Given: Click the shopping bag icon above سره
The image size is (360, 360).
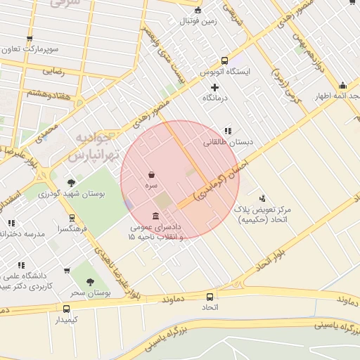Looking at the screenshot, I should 152,174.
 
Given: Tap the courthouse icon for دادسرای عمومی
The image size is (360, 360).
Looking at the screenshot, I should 155,215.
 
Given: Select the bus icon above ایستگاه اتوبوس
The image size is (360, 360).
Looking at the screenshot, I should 224,60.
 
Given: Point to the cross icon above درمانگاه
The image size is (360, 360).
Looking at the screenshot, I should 215,86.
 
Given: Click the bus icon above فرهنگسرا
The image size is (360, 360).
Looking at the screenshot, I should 72,218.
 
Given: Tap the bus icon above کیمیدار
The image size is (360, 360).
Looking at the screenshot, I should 67,309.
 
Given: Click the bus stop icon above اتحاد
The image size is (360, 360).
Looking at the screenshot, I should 210,297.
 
